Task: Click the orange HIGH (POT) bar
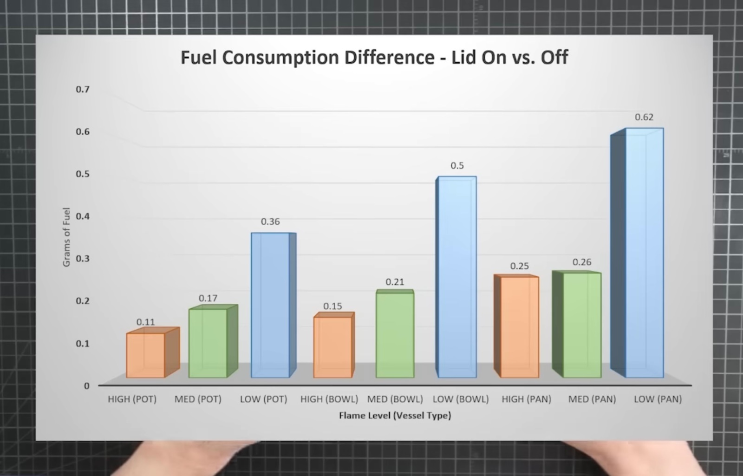[x=145, y=355]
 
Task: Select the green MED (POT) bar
[x=208, y=343]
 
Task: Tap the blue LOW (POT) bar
[x=270, y=305]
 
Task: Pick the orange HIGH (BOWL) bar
[x=332, y=347]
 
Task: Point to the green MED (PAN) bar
[x=582, y=325]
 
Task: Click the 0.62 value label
[x=644, y=117]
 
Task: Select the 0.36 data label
[x=270, y=222]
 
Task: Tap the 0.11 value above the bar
[x=145, y=322]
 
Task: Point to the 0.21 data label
[x=395, y=282]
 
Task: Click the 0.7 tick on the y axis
[x=83, y=89]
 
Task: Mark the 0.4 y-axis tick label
[x=83, y=216]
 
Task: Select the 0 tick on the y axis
[x=86, y=385]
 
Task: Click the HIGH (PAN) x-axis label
[x=526, y=399]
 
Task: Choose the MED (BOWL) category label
[x=395, y=399]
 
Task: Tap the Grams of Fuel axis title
[x=66, y=237]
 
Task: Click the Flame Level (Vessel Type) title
[x=395, y=415]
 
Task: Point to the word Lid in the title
[x=464, y=58]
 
